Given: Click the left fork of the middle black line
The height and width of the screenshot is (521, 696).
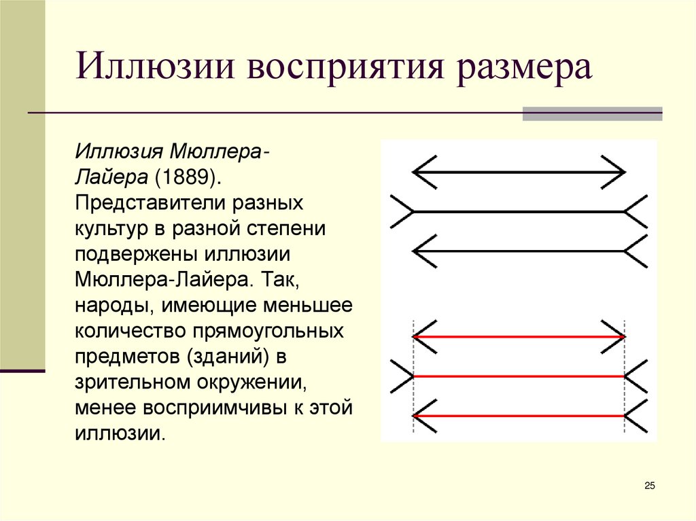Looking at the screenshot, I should click(x=402, y=211).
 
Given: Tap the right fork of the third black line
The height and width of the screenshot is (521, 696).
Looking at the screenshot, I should click(x=637, y=251).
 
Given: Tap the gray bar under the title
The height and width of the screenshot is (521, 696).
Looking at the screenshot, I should click(x=592, y=113).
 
